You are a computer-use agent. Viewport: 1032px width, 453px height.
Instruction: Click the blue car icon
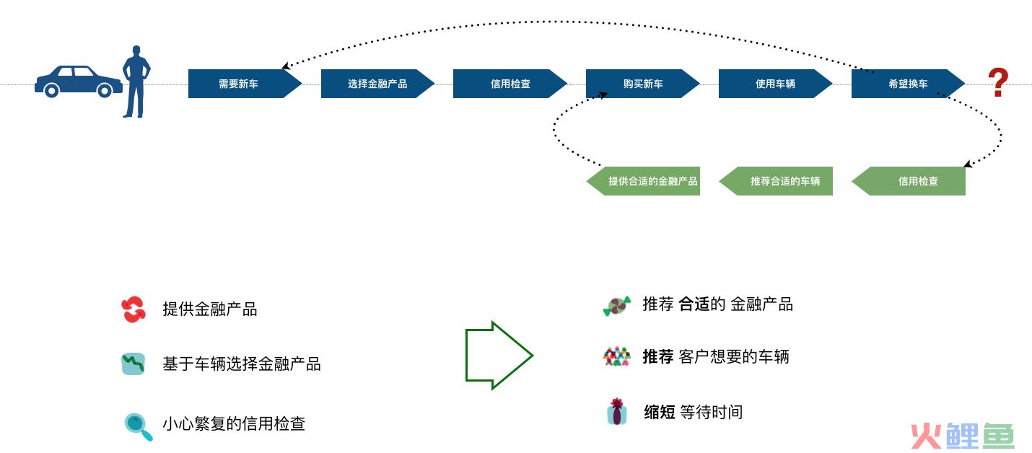click(x=78, y=81)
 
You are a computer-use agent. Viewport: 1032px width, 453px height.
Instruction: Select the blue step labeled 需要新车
click(x=240, y=84)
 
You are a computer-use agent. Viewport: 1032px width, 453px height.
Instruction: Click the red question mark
click(x=998, y=84)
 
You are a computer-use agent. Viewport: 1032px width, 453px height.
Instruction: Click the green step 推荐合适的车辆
click(x=779, y=181)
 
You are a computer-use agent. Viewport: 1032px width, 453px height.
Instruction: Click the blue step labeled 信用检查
click(x=510, y=84)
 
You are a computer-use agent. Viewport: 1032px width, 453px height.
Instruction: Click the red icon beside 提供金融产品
click(x=134, y=309)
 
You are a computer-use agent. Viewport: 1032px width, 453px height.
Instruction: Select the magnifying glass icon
click(x=137, y=426)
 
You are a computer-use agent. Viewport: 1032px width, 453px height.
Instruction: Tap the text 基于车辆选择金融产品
click(x=242, y=364)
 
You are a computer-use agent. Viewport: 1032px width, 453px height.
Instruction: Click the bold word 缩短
click(x=659, y=412)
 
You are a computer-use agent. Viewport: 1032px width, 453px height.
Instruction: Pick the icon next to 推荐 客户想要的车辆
click(x=616, y=356)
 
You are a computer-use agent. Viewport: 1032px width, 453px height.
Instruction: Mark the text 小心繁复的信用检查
click(x=234, y=423)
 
